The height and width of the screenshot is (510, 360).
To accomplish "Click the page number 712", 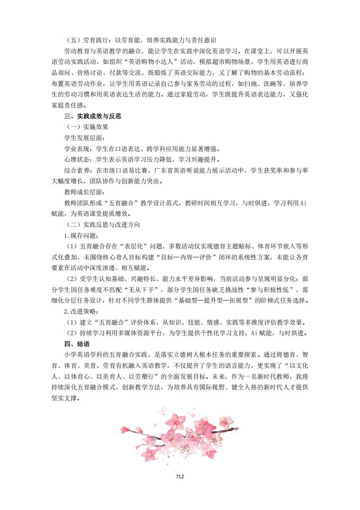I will [x=180, y=476].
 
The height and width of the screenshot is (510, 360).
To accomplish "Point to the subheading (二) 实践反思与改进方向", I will [x=104, y=224].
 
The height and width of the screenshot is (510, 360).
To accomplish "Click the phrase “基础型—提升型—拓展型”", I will [x=213, y=300].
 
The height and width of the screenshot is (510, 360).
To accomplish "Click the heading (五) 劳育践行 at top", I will [x=89, y=40].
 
